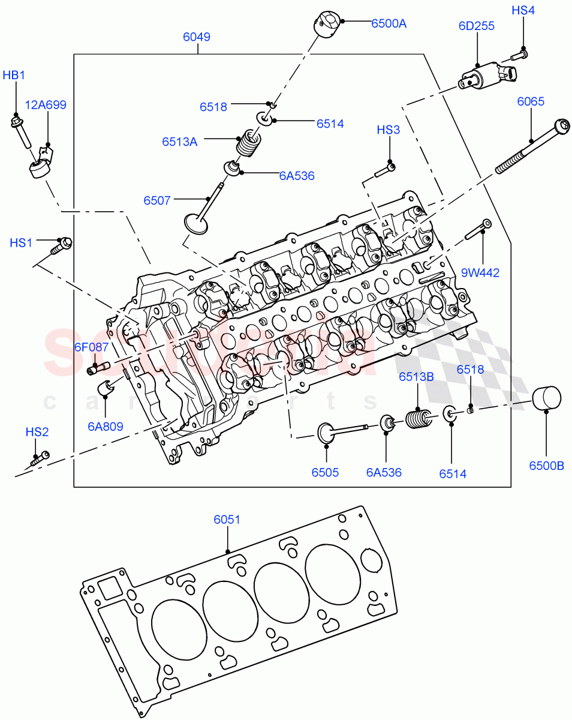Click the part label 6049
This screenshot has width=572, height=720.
(x=197, y=37)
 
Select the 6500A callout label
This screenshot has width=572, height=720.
(x=389, y=24)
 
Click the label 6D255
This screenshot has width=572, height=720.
(x=477, y=26)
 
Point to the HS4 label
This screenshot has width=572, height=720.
(x=523, y=10)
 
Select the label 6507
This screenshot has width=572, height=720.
(x=157, y=200)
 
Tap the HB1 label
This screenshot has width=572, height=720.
(x=14, y=76)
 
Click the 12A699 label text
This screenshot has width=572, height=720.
(x=46, y=105)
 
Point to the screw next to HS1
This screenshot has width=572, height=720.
(x=62, y=244)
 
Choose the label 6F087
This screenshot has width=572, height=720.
(x=91, y=347)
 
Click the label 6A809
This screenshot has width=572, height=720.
(x=105, y=427)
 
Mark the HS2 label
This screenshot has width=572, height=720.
(x=37, y=432)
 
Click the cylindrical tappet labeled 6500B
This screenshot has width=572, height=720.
(x=546, y=398)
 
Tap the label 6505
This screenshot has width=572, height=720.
(x=325, y=473)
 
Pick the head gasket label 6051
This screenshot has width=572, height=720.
(x=227, y=519)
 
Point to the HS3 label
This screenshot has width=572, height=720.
(x=389, y=130)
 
